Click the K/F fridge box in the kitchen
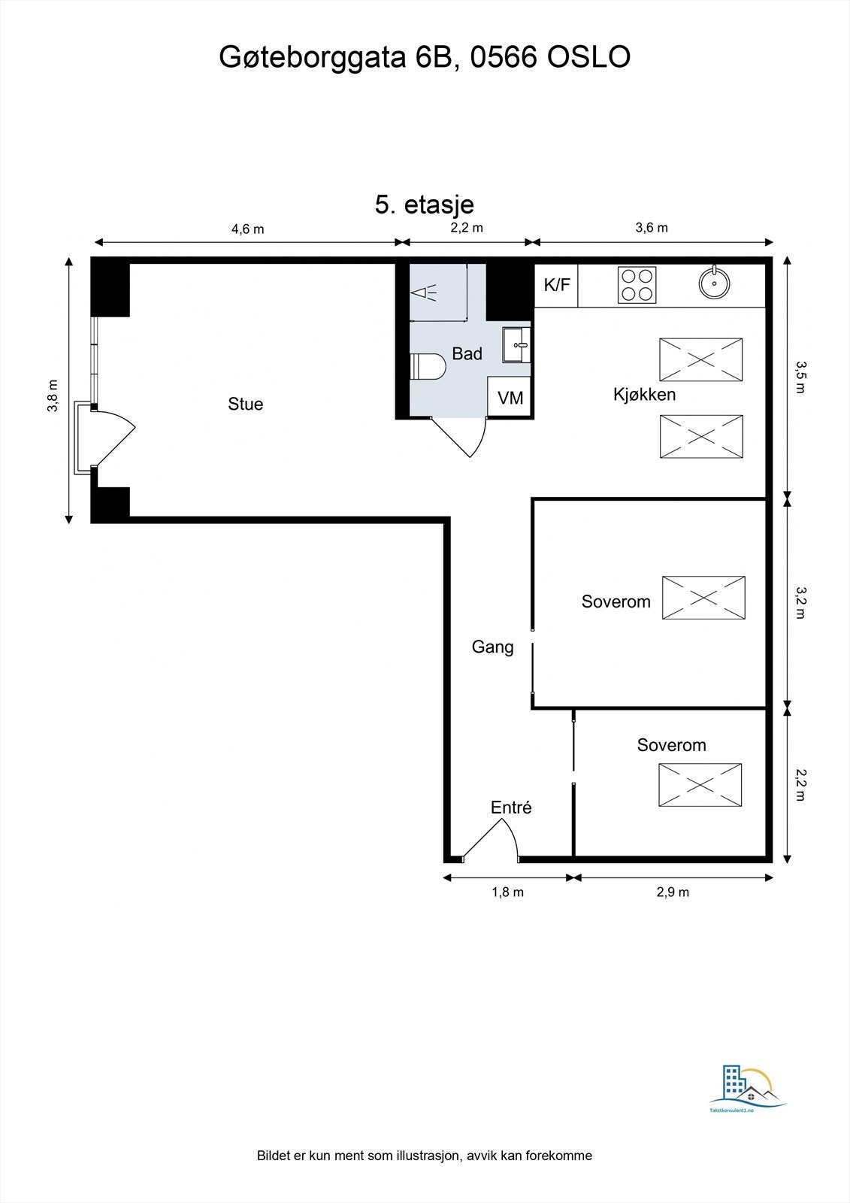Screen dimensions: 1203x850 [556, 285]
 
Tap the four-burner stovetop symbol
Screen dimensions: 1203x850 [637, 285]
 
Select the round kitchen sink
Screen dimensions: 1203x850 [714, 283]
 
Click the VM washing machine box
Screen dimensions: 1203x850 [510, 397]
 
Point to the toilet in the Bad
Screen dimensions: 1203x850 [429, 366]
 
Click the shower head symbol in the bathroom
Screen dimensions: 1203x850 [425, 293]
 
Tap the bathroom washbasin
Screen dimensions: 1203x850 [517, 345]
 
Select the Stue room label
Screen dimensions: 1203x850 [246, 405]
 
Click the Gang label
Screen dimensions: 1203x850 [492, 647]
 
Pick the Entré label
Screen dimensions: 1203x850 [511, 808]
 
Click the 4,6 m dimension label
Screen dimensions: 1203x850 [247, 229]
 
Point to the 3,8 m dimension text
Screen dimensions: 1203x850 [53, 395]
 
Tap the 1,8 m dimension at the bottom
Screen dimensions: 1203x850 [507, 892]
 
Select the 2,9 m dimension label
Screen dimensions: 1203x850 [673, 892]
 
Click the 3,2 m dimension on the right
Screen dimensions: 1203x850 [800, 602]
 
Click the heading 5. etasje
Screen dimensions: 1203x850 [425, 205]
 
